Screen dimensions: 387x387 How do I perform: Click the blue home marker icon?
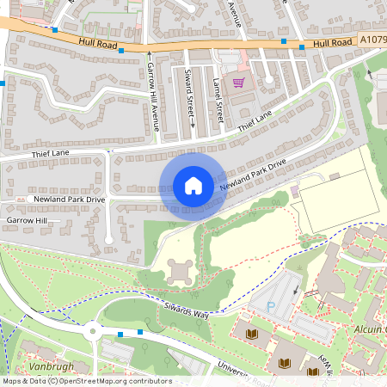pyautogui.click(x=193, y=185)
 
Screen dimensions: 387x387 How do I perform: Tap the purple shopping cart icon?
pyautogui.click(x=238, y=83)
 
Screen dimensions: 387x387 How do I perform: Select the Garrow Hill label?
pyautogui.click(x=27, y=221)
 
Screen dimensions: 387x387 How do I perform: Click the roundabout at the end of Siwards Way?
pyautogui.click(x=93, y=330)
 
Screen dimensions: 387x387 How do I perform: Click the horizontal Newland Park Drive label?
pyautogui.click(x=69, y=199)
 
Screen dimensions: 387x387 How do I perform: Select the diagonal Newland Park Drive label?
pyautogui.click(x=252, y=175)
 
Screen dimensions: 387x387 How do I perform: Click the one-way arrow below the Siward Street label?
pyautogui.click(x=192, y=123)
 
